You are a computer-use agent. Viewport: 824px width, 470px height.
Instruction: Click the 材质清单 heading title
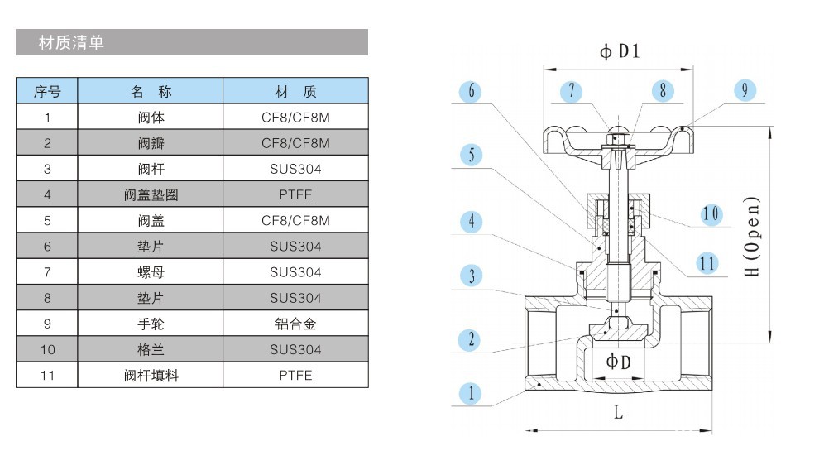pos(71,43)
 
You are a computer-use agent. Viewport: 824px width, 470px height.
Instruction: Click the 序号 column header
pos(47,91)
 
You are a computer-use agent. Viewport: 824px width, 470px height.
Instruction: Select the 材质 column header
pos(295,91)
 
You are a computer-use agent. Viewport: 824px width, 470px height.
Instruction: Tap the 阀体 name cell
pos(151,117)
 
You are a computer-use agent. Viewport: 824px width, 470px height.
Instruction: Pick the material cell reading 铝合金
pos(295,324)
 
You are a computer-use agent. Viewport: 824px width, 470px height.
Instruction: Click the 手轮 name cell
pos(151,324)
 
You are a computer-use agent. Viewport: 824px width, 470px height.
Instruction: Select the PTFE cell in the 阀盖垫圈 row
pos(295,195)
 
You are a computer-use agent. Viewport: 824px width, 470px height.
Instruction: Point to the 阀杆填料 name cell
pos(151,376)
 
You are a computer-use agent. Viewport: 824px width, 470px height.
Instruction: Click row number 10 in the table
pos(47,349)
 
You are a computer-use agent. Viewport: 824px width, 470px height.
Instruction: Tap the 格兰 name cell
pos(151,349)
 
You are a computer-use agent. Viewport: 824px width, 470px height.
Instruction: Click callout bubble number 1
pos(471,392)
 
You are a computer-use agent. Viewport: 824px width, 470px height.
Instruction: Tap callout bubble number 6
pos(471,90)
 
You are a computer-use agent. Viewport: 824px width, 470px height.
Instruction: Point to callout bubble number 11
pos(707,263)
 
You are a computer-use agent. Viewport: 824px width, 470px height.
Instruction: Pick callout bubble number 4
pos(471,221)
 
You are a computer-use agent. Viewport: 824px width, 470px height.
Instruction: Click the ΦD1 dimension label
pos(620,52)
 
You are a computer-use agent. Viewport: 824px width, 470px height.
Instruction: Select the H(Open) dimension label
pos(751,237)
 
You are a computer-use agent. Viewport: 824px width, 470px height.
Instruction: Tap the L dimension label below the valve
pos(618,412)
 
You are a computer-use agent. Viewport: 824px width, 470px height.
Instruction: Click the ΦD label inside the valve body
pos(618,362)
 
